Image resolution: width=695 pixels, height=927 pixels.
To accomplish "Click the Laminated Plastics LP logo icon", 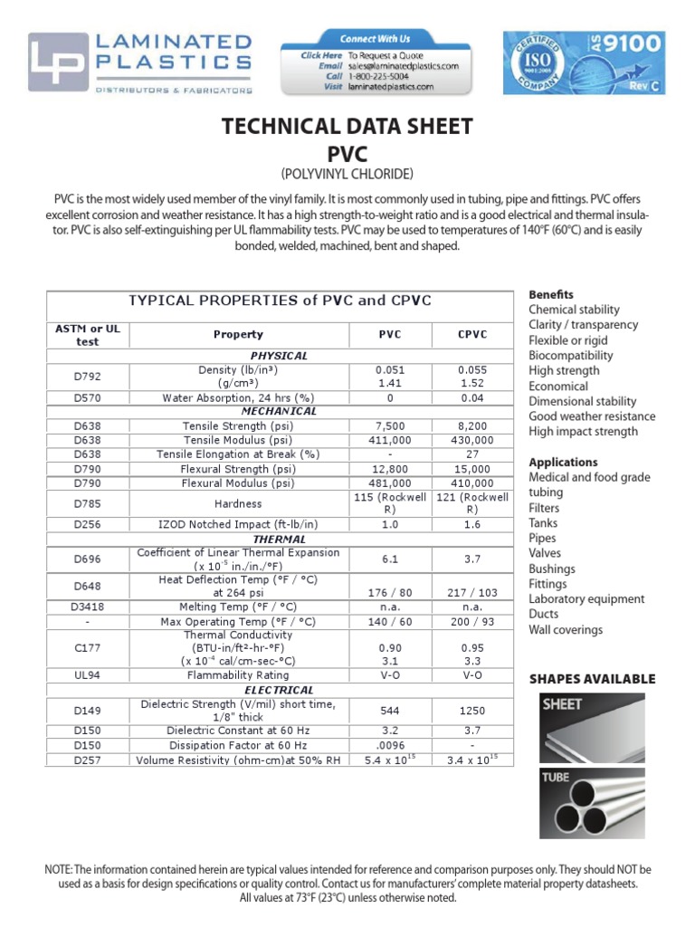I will [x=59, y=62].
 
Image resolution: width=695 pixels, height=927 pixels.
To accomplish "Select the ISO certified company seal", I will [x=540, y=62].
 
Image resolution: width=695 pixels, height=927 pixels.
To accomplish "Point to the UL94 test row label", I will [x=89, y=674].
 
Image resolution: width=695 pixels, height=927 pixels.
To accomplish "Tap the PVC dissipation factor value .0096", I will [x=390, y=745].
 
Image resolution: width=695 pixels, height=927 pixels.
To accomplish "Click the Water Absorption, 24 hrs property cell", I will [x=238, y=397].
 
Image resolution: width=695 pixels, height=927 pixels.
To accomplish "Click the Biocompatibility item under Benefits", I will [x=570, y=356].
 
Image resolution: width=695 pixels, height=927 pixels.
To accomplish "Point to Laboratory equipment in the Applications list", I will [x=586, y=599].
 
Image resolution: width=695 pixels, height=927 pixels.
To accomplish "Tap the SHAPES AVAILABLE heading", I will [x=592, y=679].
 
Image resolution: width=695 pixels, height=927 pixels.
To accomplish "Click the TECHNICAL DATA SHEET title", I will [x=347, y=126].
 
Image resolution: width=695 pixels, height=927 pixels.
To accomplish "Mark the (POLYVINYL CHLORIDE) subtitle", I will [x=347, y=173].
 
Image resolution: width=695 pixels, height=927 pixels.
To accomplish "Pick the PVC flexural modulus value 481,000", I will [x=390, y=483].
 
